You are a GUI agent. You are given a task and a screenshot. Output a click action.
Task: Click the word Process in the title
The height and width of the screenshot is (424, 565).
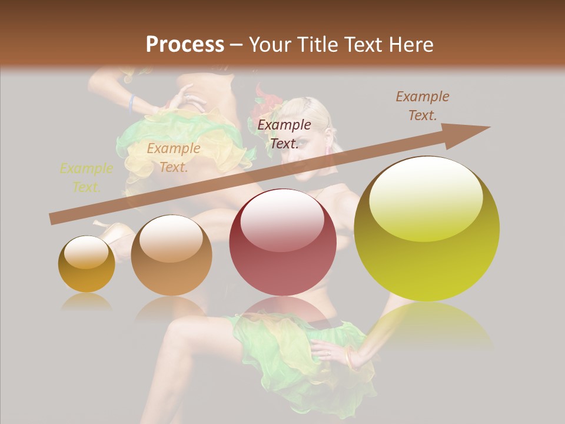point(185,45)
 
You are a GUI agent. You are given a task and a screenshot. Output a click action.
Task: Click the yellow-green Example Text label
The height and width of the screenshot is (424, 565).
point(86,178)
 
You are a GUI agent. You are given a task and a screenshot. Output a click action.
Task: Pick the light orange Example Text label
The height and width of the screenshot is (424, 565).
point(173,158)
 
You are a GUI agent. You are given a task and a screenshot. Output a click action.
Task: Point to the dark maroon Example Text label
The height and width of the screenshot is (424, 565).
point(284,134)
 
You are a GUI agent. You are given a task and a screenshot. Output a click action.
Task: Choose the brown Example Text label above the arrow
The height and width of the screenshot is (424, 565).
point(422,105)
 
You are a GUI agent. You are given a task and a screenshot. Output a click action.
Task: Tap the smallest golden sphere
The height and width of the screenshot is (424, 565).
point(87,264)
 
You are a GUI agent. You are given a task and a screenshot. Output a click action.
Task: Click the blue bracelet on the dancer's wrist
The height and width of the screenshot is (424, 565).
point(132,103)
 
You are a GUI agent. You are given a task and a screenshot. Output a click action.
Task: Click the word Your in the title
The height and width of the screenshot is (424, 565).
point(268,45)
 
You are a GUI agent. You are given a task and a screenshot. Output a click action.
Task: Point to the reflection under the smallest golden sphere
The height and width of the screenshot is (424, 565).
point(87,302)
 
